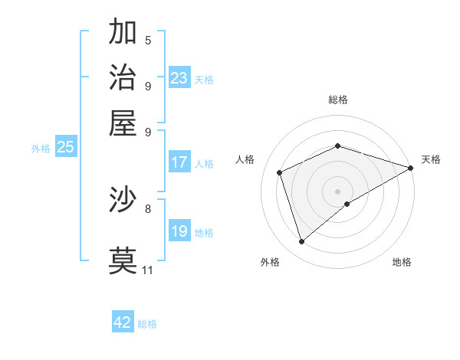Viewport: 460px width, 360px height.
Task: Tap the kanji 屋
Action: click(x=123, y=122)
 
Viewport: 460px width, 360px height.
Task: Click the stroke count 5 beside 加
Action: click(x=148, y=41)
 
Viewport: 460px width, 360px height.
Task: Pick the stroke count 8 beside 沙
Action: click(x=148, y=208)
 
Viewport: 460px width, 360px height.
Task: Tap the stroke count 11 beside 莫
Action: click(x=148, y=270)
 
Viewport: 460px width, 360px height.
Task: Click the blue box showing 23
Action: click(x=179, y=78)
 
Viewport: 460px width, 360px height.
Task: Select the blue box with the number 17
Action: click(x=179, y=162)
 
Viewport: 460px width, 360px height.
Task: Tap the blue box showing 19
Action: click(x=179, y=231)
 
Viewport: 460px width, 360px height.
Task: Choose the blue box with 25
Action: click(x=66, y=148)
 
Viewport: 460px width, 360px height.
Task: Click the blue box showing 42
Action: click(x=123, y=322)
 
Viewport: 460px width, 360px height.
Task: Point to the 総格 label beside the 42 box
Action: click(x=147, y=324)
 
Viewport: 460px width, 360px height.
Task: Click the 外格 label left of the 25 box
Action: click(x=41, y=149)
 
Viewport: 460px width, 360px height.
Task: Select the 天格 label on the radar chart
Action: click(x=431, y=159)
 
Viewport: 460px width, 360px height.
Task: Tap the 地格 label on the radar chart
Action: click(x=402, y=262)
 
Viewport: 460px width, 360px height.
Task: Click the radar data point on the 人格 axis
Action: click(x=280, y=172)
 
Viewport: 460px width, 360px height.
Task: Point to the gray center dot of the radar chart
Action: click(x=337, y=191)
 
